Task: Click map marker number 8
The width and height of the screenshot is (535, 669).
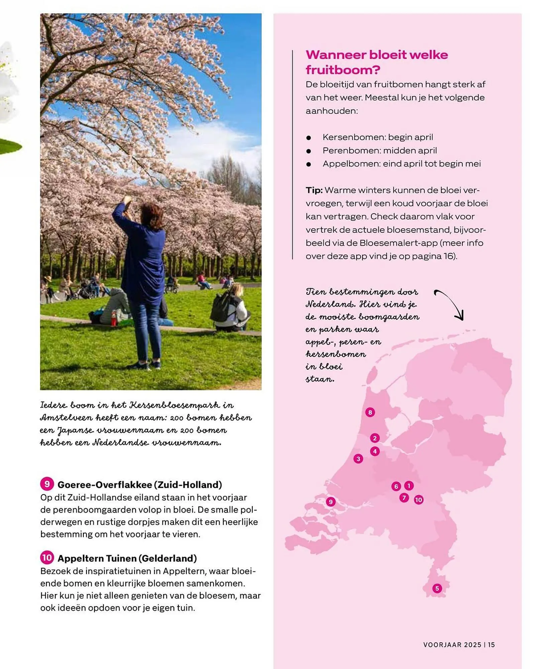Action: click(370, 412)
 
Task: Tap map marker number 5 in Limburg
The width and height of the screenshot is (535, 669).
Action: click(437, 588)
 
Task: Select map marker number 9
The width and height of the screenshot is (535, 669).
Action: click(331, 501)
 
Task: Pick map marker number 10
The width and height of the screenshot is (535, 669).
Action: click(419, 500)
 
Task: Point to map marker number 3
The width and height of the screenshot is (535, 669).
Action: click(358, 459)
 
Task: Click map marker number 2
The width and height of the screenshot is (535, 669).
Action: click(375, 438)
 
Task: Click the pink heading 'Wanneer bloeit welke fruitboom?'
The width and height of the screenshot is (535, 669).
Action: click(377, 62)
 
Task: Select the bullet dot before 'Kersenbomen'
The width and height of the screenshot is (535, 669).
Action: click(309, 137)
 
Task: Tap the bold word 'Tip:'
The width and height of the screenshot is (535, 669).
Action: click(314, 190)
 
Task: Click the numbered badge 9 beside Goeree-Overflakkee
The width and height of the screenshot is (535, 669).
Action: click(47, 484)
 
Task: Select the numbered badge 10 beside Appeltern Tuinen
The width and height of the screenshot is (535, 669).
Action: click(47, 558)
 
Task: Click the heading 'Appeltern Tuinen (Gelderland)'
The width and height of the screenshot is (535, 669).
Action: click(127, 558)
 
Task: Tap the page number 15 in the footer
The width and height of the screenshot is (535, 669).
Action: click(491, 645)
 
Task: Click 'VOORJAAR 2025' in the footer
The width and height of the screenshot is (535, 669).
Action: click(452, 645)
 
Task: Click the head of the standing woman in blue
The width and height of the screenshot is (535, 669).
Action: click(151, 214)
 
